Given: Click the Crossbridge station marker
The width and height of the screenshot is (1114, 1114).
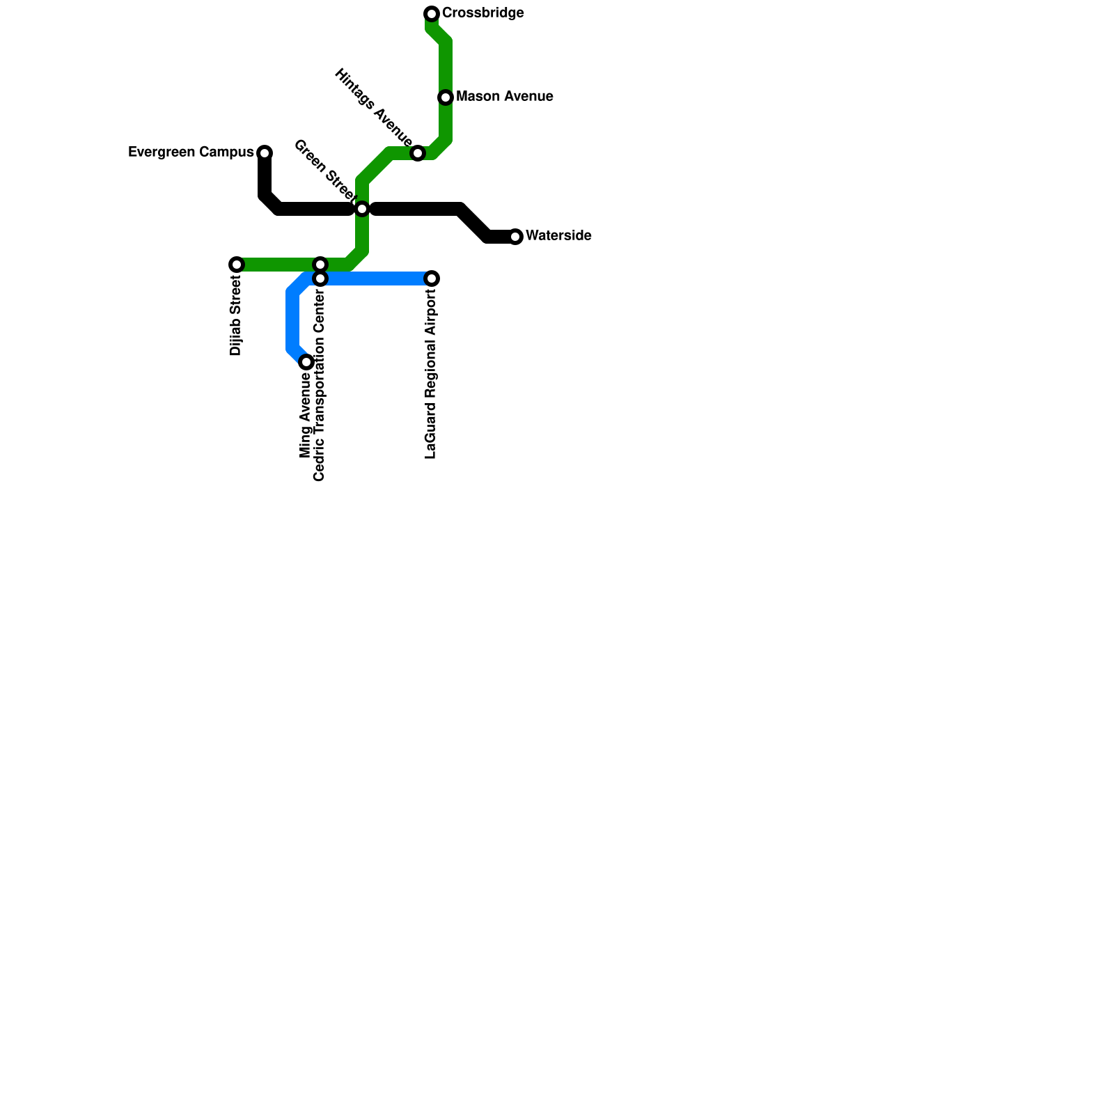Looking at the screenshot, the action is (x=432, y=14).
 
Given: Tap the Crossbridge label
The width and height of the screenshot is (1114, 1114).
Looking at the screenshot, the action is (x=483, y=14).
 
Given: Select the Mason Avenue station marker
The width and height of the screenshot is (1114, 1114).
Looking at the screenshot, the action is (x=446, y=97).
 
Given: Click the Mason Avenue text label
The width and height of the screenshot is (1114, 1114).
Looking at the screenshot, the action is (x=504, y=97).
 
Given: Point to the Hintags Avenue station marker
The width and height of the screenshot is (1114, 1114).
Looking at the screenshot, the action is (x=418, y=153).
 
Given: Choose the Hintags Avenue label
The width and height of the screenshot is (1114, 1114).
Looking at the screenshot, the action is (x=373, y=103).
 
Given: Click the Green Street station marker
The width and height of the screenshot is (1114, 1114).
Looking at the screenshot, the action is (x=362, y=209).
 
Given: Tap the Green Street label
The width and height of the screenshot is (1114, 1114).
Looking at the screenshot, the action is (x=324, y=169).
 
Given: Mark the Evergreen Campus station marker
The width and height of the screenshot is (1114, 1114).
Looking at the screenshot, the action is (x=265, y=153).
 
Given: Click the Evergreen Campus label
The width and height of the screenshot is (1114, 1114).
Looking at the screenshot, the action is (x=191, y=152).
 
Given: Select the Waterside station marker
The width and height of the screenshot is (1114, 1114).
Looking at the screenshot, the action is (x=515, y=237).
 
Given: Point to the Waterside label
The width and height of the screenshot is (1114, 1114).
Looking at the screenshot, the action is (x=558, y=236).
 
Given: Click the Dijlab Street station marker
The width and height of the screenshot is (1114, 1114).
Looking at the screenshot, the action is (x=237, y=265).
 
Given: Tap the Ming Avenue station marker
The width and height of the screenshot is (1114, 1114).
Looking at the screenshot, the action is (x=306, y=362).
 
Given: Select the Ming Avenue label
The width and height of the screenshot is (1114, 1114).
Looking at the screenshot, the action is (x=306, y=416).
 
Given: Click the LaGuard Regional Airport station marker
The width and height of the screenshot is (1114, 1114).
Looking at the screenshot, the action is (x=432, y=278).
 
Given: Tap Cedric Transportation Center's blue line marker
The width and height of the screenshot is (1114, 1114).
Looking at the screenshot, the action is (x=320, y=278).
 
